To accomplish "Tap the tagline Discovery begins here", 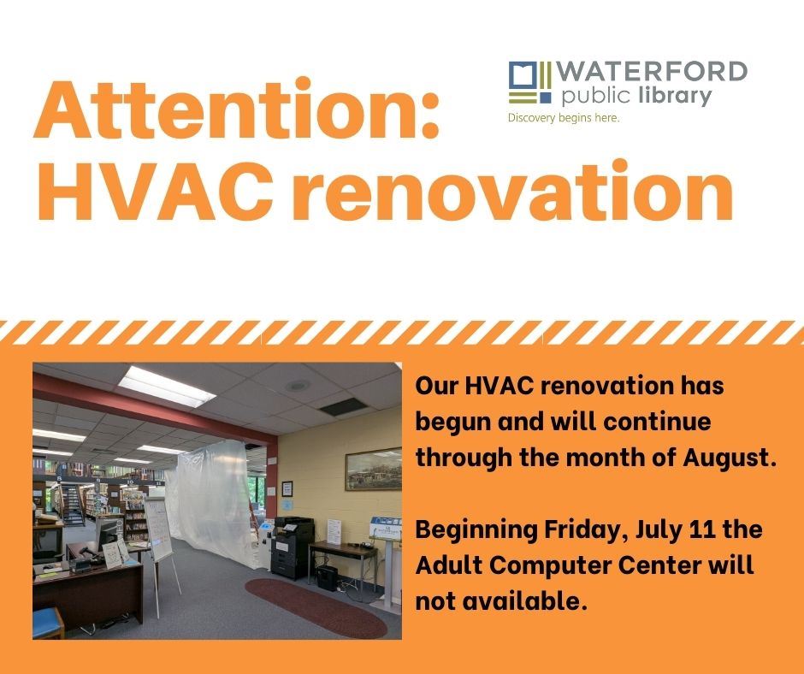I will click(x=563, y=118).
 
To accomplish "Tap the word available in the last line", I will click(x=520, y=600).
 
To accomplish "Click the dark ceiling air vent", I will click(x=342, y=408).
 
